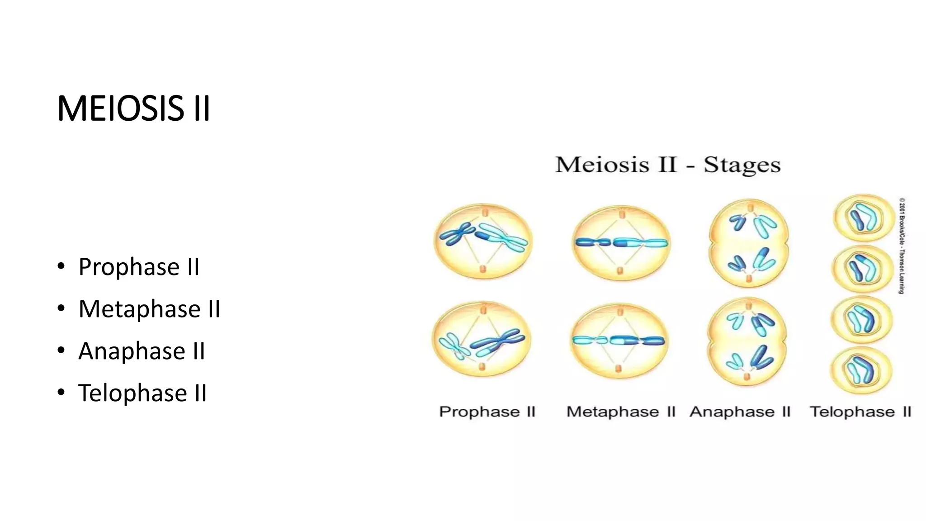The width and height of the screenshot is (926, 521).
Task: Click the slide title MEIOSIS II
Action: tap(134, 109)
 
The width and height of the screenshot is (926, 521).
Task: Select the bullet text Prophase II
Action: tap(139, 267)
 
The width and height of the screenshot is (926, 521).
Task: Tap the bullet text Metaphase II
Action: tap(149, 309)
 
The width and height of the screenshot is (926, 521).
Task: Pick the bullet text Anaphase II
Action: tap(142, 351)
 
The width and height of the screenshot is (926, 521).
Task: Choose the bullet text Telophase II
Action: tap(142, 393)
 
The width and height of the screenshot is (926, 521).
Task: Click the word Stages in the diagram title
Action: tap(742, 165)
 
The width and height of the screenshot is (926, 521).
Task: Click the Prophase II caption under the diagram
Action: tap(487, 412)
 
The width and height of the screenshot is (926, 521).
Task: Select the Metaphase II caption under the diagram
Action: tap(620, 412)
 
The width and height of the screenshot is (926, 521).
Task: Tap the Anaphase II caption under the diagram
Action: tap(740, 412)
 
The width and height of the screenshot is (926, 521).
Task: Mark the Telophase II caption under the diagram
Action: tap(860, 412)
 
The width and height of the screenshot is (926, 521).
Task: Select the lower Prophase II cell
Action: tap(482, 339)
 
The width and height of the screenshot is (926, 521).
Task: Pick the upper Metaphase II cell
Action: tap(621, 243)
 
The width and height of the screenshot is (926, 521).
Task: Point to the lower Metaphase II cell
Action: tap(619, 341)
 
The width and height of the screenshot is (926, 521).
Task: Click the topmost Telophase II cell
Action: tap(863, 218)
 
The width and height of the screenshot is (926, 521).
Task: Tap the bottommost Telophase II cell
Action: tap(861, 371)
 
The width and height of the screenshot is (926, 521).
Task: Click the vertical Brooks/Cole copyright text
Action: tap(902, 246)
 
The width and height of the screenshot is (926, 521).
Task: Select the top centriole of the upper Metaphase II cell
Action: tap(622, 214)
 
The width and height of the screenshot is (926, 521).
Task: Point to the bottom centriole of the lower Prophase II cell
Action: tap(482, 366)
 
